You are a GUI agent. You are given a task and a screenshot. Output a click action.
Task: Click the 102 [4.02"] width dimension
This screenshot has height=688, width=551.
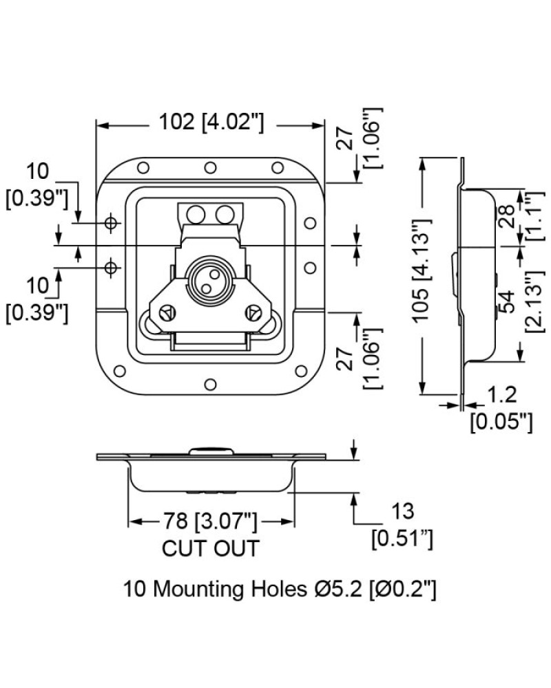211,122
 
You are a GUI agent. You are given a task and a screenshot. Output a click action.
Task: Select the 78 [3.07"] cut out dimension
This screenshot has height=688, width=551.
211,522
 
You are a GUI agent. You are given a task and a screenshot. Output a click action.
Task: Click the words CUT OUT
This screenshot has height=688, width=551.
211,548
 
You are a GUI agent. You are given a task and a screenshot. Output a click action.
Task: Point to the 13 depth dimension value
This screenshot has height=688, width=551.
402,511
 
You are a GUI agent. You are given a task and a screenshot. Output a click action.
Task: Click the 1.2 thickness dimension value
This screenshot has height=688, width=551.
502,395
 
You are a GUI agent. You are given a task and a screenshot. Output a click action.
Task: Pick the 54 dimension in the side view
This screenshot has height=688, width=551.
507,301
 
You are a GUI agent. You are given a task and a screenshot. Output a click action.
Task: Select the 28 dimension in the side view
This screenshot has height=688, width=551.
507,216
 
